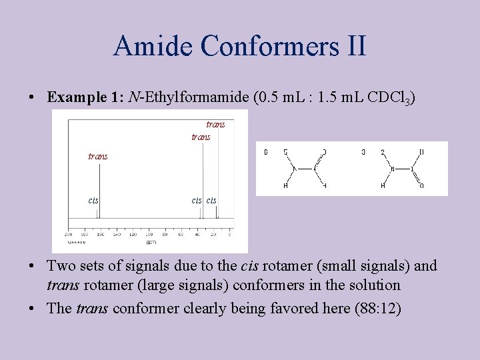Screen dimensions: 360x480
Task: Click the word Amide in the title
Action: pos(153,46)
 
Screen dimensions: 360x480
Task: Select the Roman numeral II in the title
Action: pos(353,46)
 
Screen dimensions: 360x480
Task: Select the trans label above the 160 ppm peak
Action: pos(98,156)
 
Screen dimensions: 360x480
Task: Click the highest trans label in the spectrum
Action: pos(215,124)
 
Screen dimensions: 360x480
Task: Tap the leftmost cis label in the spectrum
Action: pos(94,200)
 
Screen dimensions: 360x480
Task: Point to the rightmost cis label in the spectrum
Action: pos(211,200)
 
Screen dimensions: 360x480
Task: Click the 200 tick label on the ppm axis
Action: pos(68,235)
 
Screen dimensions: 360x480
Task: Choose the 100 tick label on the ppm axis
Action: pos(149,235)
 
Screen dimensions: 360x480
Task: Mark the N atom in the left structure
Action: pos(293,168)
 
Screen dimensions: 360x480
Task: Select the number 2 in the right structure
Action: pos(383,152)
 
